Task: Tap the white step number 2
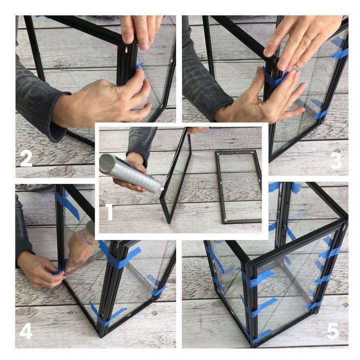click(26, 158)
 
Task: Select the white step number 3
click(336, 161)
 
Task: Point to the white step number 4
click(25, 331)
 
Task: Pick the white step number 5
click(332, 331)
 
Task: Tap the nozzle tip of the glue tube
click(162, 189)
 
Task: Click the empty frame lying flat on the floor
click(239, 186)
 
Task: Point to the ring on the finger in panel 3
click(308, 38)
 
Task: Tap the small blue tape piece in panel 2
click(139, 65)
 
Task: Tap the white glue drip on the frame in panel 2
click(126, 50)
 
